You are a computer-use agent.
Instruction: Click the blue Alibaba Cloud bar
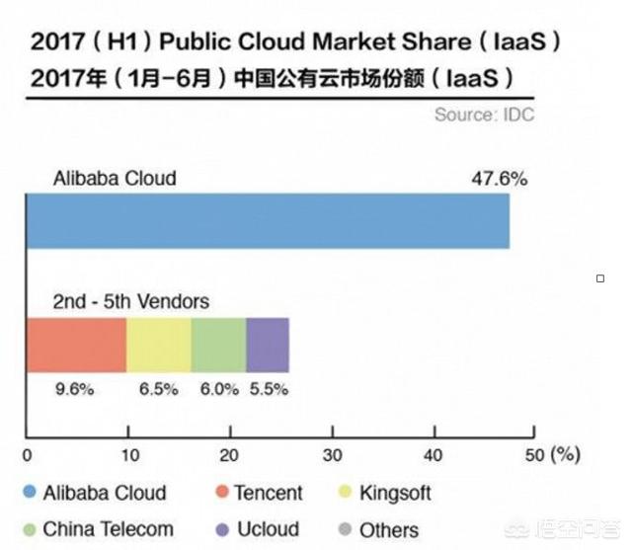coord(267,221)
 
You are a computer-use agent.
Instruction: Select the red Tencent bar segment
coord(76,345)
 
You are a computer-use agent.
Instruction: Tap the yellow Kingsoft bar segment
coord(159,345)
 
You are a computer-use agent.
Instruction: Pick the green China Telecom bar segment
coord(218,345)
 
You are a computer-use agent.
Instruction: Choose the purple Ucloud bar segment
coord(268,345)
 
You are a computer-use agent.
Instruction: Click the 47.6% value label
coord(501,179)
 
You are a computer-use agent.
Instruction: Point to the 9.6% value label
coord(73,389)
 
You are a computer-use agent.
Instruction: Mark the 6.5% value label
coord(158,389)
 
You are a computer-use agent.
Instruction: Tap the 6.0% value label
coord(218,389)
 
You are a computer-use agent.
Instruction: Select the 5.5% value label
coord(268,389)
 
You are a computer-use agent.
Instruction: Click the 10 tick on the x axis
coord(128,455)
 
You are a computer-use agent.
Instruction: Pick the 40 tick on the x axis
coord(434,455)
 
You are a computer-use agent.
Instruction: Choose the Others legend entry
coord(377,529)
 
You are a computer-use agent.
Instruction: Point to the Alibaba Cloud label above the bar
coord(115,179)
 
